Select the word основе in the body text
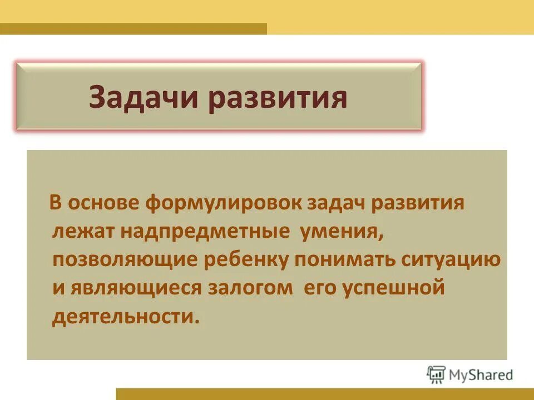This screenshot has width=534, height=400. coord(105,203)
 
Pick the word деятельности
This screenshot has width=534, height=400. coord(125,317)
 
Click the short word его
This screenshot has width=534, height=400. coord(321,289)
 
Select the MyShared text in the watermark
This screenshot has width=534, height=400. coord(482,375)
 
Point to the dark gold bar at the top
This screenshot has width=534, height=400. coord(133,28)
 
